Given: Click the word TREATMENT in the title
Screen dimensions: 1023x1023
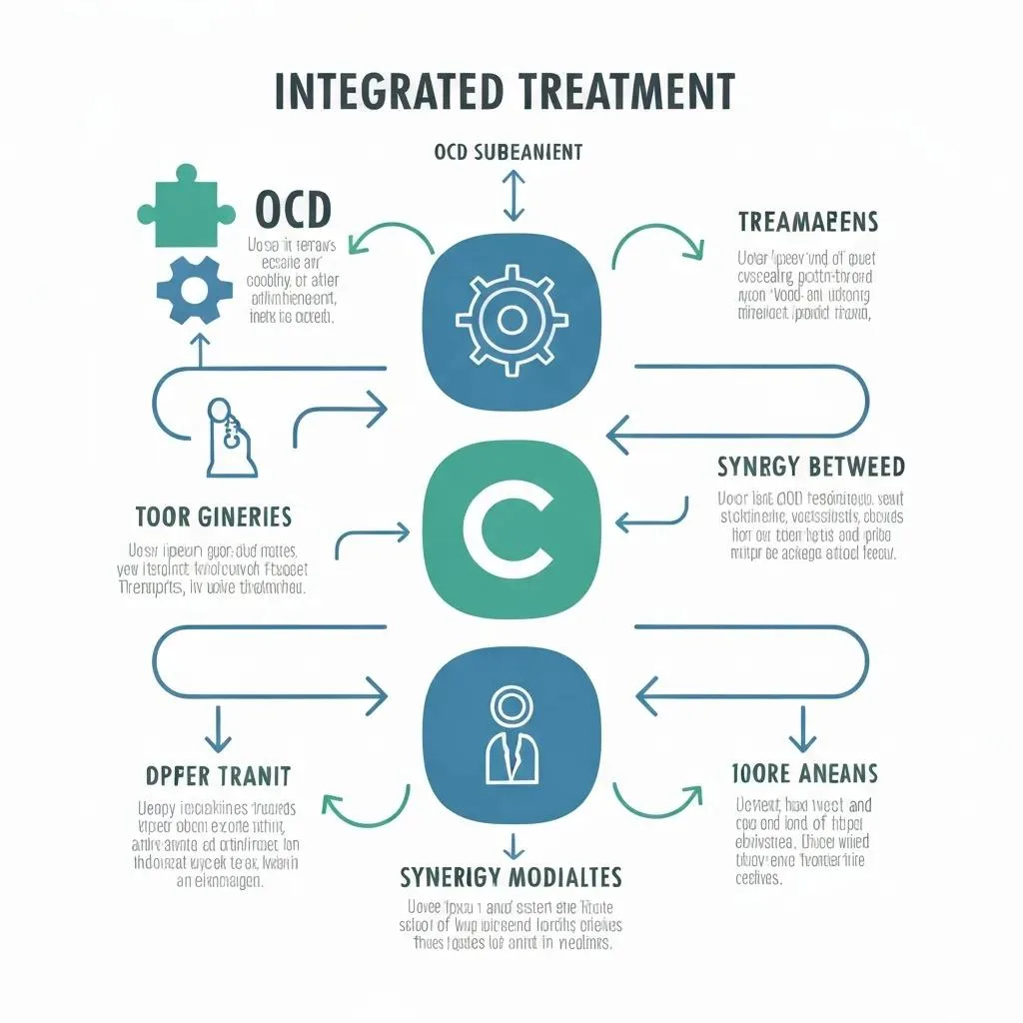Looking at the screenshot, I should [626, 92].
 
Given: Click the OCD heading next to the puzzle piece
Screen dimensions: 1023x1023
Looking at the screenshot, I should [293, 211].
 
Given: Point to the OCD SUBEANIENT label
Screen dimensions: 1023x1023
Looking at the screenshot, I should [509, 153].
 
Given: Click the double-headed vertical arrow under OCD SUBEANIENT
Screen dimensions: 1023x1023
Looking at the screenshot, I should [512, 195].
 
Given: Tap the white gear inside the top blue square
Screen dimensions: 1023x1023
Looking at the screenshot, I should [511, 320].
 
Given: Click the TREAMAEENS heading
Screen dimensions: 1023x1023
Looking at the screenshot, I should [808, 222].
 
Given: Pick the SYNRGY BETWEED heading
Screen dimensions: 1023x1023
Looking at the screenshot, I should [810, 467].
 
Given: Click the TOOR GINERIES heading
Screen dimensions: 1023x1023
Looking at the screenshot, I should [213, 516].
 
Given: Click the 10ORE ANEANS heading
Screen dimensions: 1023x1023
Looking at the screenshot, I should [805, 772].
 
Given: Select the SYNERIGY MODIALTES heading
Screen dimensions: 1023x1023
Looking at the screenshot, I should [511, 877].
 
